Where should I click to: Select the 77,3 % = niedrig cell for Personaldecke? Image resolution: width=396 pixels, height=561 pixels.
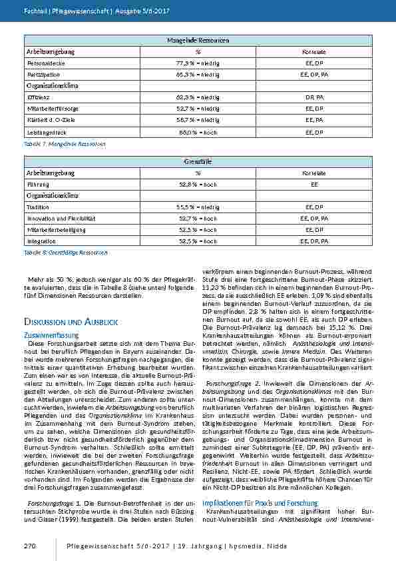tap(198, 62)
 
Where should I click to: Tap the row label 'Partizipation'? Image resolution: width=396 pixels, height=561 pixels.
tap(43, 74)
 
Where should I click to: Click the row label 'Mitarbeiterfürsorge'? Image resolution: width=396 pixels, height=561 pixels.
tap(50, 109)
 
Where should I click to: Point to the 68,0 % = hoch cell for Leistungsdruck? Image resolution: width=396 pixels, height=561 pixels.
tap(198, 133)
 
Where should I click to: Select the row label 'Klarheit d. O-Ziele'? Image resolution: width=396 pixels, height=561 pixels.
tap(49, 121)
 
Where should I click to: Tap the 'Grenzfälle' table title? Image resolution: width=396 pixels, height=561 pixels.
tap(198, 161)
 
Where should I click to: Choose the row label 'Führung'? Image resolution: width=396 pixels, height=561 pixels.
tap(37, 183)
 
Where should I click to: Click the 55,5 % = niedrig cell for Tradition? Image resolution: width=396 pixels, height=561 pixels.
tap(198, 207)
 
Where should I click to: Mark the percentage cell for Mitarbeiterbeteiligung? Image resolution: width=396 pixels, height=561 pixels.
tap(198, 230)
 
